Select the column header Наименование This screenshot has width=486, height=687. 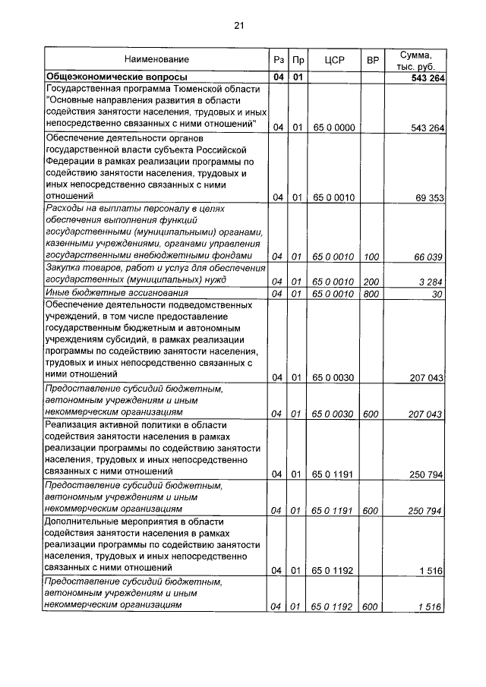[x=157, y=59]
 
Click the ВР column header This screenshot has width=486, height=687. [x=372, y=59]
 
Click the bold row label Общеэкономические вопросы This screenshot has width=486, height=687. [x=117, y=77]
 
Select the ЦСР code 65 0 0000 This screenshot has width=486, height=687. [x=333, y=128]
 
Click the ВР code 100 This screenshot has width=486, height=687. [x=371, y=258]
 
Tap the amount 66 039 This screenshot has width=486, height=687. [x=428, y=258]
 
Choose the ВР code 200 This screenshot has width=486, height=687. [x=371, y=282]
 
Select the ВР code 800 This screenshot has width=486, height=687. [x=371, y=293]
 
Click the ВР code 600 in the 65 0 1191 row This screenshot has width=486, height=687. [x=371, y=511]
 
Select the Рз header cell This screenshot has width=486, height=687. [x=278, y=59]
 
